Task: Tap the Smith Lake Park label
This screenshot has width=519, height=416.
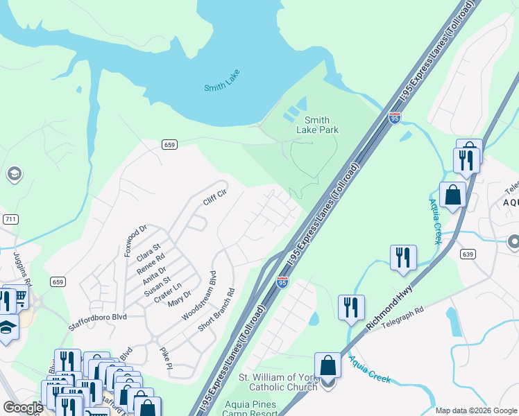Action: pos(317,125)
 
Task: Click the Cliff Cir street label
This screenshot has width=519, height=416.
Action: pos(214,198)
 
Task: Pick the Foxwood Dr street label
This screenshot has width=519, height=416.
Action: pos(135,240)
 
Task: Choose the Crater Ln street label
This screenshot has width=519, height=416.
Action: pos(167,291)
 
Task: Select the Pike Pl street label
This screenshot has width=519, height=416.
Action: pos(165,358)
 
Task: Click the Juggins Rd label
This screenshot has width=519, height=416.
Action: pos(20,269)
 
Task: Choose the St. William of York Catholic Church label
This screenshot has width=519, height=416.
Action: pos(278,382)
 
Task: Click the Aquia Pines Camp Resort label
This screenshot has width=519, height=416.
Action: pos(249,408)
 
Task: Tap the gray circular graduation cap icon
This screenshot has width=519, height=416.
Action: pos(13,174)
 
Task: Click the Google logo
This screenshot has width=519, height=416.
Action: pos(23,408)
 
